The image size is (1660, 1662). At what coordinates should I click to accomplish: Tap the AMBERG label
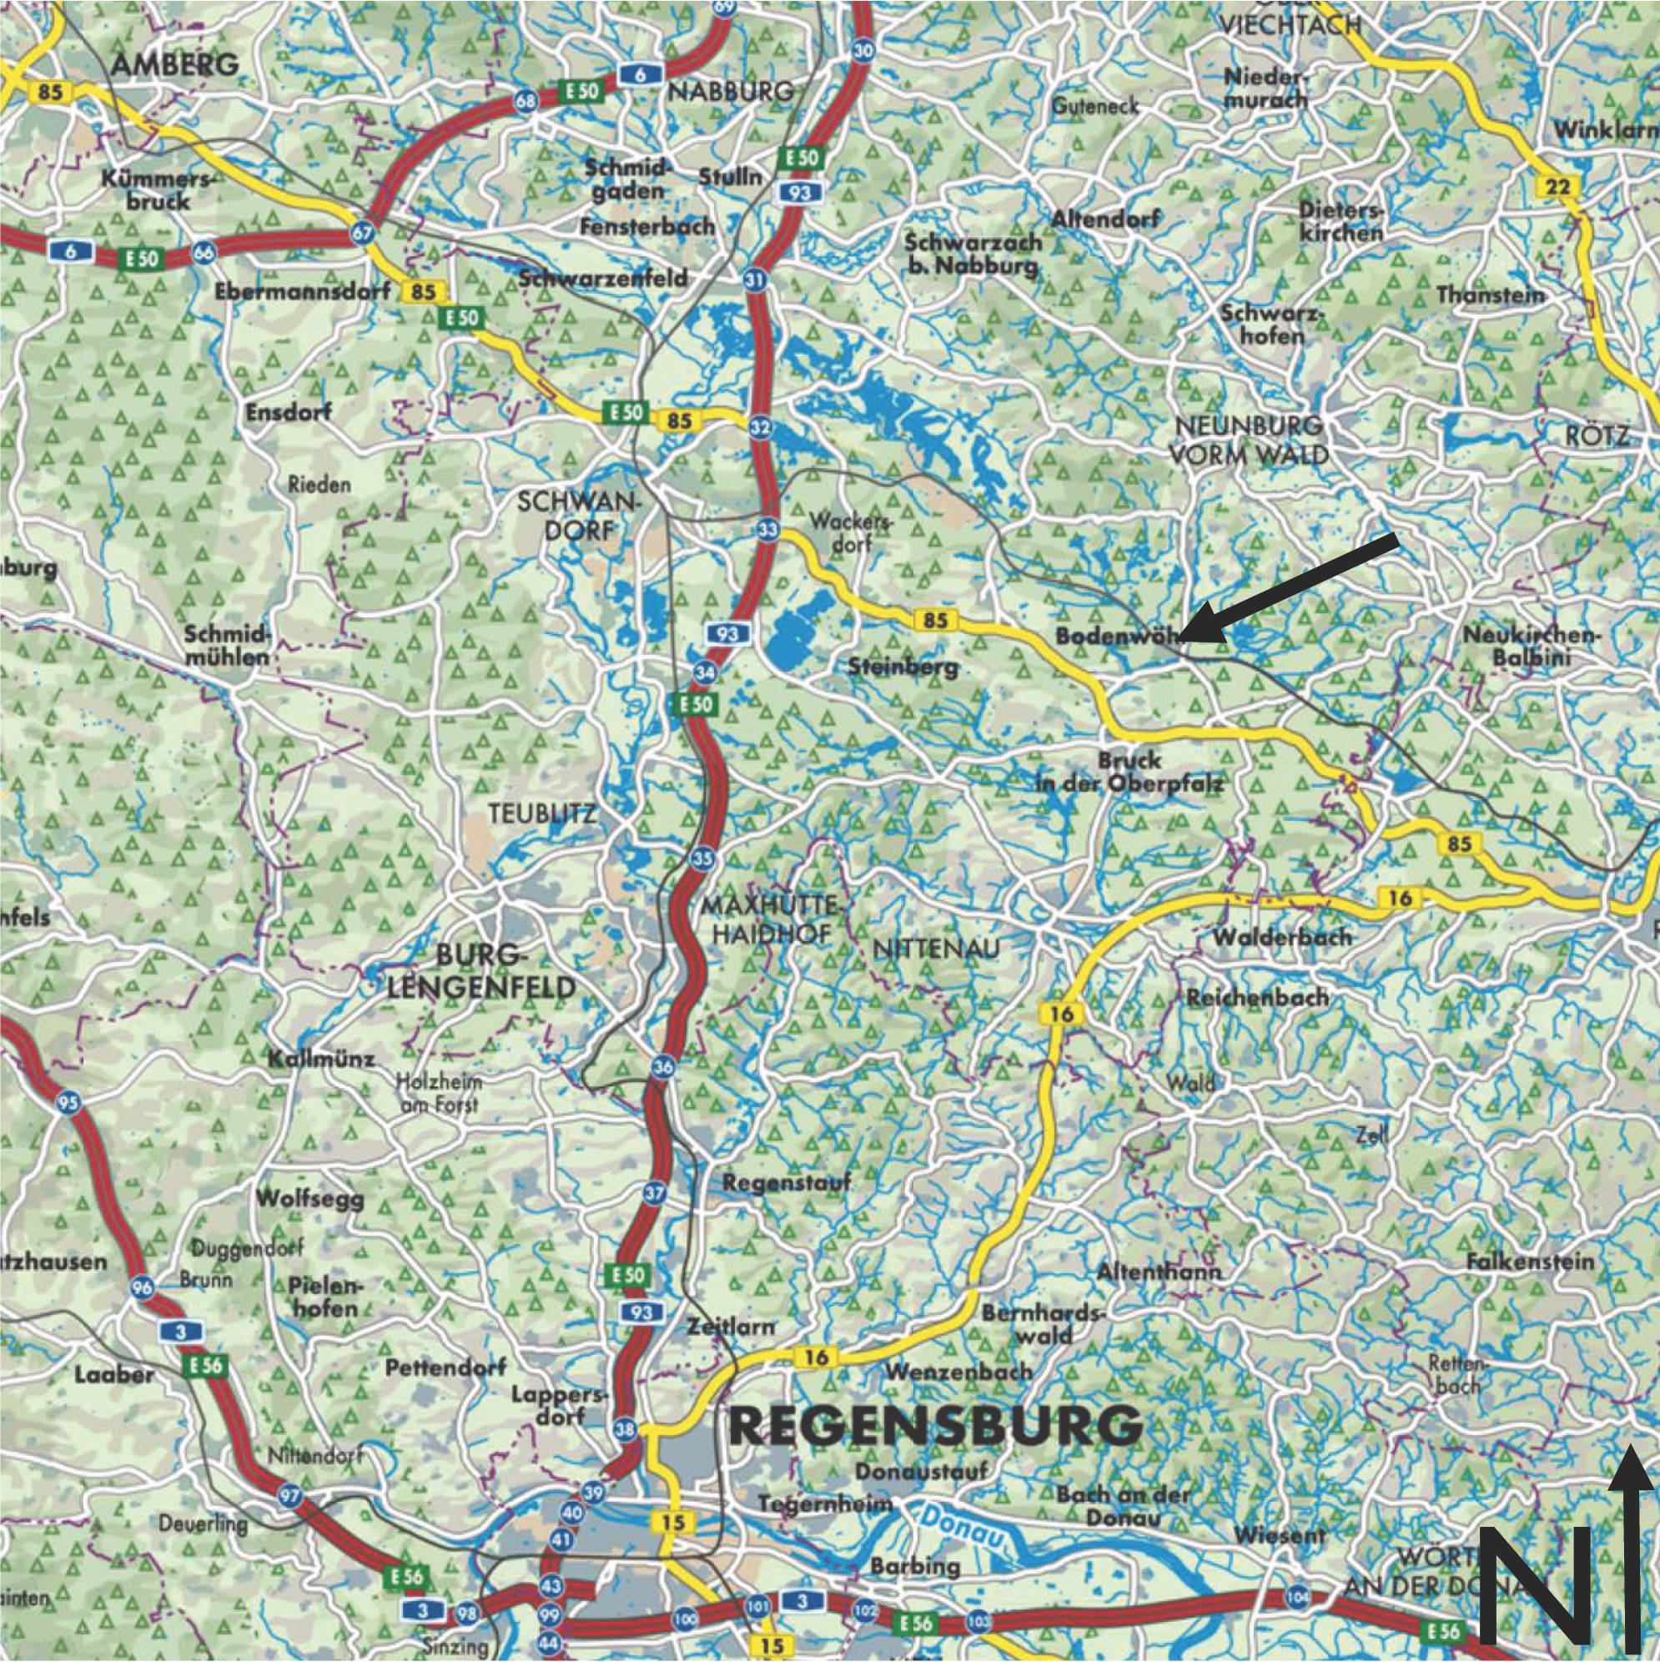[x=175, y=63]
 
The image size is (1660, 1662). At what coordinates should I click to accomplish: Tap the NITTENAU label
[x=937, y=949]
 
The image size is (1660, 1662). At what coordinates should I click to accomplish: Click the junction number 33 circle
[x=768, y=527]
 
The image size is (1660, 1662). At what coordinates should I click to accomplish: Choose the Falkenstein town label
[x=1530, y=1262]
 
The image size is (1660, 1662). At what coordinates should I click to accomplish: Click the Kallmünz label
[x=321, y=1059]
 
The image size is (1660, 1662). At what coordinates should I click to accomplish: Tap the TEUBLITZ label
[x=541, y=813]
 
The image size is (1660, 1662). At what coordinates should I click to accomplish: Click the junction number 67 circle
[x=363, y=231]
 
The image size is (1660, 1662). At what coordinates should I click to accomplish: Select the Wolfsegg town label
[x=309, y=1198]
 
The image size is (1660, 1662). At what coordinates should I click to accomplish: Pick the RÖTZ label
[x=1597, y=436]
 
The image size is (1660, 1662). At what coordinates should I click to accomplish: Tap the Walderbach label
[x=1281, y=936]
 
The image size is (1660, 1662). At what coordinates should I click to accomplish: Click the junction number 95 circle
[x=70, y=1104]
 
